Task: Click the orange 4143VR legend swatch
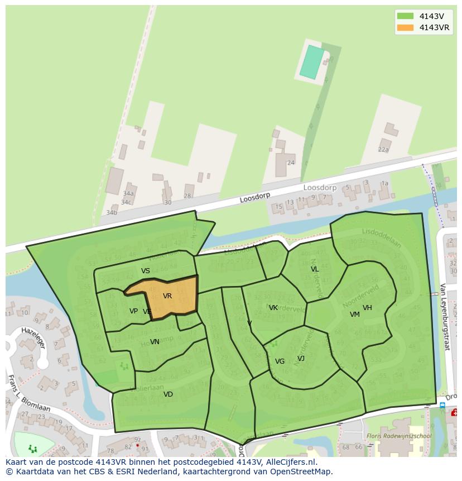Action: [405, 28]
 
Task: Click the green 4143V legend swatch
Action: [405, 16]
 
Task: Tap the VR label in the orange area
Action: [167, 296]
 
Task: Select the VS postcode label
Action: [146, 271]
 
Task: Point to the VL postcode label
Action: [315, 269]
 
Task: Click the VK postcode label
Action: [273, 308]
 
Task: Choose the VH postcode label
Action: [367, 308]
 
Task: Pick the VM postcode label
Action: [355, 315]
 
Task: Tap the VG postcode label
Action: [280, 361]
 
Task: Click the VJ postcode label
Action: [301, 359]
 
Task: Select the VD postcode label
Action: [168, 394]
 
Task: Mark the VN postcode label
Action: [155, 342]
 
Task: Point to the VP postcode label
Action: [133, 311]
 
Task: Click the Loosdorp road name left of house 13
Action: [255, 198]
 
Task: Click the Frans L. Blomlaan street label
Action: [29, 393]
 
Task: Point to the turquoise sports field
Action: [312, 62]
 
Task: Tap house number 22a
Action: [383, 150]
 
